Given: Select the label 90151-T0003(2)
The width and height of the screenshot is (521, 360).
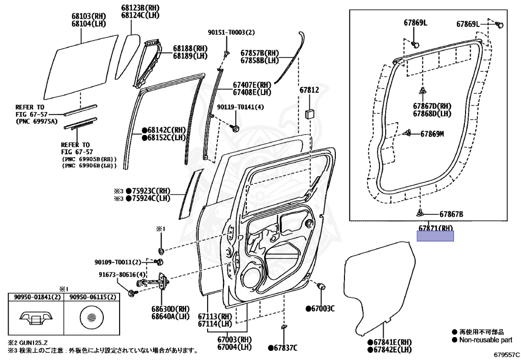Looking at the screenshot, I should (x=231, y=32).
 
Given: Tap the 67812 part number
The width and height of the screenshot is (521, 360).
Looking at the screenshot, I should (x=309, y=90).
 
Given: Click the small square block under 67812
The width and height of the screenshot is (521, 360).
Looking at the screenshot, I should (x=309, y=114).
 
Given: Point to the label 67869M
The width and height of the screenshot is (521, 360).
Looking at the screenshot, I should (x=432, y=134).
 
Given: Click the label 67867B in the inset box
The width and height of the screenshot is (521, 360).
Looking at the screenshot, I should (x=451, y=214).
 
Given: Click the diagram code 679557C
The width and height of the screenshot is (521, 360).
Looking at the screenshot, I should (x=506, y=353).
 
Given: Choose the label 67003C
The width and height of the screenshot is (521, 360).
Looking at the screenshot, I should (x=323, y=309).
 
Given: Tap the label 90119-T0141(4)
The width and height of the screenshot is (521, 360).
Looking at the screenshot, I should (x=240, y=107).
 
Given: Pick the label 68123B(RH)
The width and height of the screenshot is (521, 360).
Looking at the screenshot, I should (x=140, y=8).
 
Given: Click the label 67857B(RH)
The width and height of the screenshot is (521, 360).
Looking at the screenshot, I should (x=260, y=52).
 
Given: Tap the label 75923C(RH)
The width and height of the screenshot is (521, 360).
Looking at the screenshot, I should (x=148, y=191).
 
